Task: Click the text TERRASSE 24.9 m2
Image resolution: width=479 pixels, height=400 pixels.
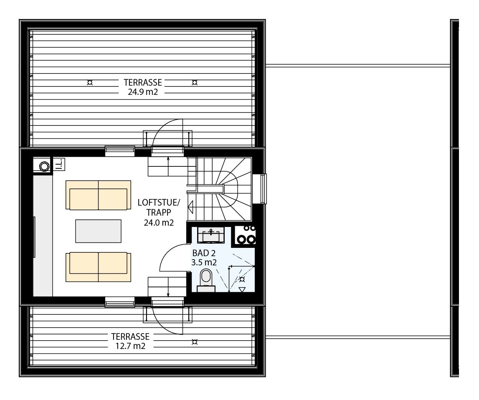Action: [142, 87]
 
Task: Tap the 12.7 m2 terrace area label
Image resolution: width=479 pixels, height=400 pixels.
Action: [131, 346]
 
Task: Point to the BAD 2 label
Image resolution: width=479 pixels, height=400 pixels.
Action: [204, 253]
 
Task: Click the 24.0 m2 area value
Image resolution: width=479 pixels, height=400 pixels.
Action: [159, 223]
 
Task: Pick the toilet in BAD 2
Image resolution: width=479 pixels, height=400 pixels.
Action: [205, 279]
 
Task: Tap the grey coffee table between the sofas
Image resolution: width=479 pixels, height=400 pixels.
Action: [98, 231]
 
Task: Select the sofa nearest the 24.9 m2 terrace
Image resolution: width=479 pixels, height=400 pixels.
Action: [98, 195]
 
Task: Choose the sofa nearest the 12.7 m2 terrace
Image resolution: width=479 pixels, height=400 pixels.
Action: [98, 267]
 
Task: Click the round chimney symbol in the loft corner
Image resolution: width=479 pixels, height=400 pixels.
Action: [43, 166]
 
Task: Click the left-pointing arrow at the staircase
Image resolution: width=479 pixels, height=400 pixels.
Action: [191, 207]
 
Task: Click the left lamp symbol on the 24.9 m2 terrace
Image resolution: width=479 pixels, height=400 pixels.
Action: [89, 82]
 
